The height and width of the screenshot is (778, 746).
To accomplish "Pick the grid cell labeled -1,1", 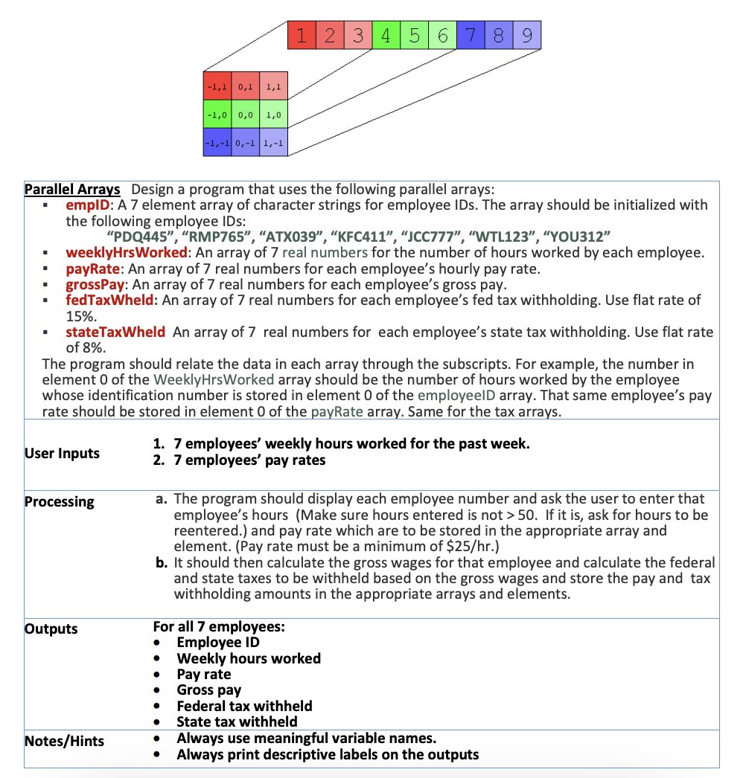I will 217,89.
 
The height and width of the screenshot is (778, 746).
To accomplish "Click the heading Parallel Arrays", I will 73,189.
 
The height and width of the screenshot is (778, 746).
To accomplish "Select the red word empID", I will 88,205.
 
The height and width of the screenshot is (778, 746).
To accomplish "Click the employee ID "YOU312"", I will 578,237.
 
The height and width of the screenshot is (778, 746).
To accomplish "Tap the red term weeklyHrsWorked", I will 126,253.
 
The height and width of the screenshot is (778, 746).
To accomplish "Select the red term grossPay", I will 95,284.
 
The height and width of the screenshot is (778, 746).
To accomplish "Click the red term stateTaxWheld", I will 115,332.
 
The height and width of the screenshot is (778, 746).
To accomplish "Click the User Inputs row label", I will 62,453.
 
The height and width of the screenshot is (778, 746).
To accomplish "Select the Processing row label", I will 60,501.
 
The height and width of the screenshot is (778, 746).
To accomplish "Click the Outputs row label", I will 51,628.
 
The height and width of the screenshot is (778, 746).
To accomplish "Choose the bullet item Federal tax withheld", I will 244,706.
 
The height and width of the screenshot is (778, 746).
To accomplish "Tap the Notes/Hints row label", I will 64,741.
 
